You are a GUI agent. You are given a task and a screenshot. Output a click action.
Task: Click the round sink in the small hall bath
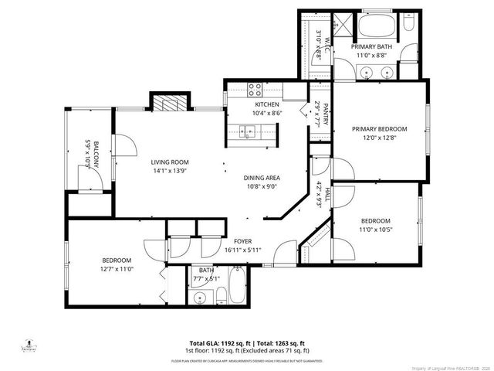pyautogui.click(x=200, y=298)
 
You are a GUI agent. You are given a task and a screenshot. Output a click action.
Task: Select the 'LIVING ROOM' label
pyautogui.click(x=170, y=162)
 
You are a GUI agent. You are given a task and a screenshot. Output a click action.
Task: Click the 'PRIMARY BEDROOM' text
pyautogui.click(x=379, y=129)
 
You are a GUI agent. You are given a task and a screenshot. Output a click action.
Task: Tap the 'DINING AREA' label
pyautogui.click(x=261, y=177)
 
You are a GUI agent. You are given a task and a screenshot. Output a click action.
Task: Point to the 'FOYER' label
pyautogui.click(x=244, y=241)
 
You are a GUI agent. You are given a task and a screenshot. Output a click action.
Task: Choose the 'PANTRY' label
pyautogui.click(x=327, y=113)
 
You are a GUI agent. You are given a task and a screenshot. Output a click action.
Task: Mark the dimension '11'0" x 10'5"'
pyautogui.click(x=376, y=229)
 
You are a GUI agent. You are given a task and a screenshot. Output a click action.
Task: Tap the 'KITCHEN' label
pyautogui.click(x=267, y=104)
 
